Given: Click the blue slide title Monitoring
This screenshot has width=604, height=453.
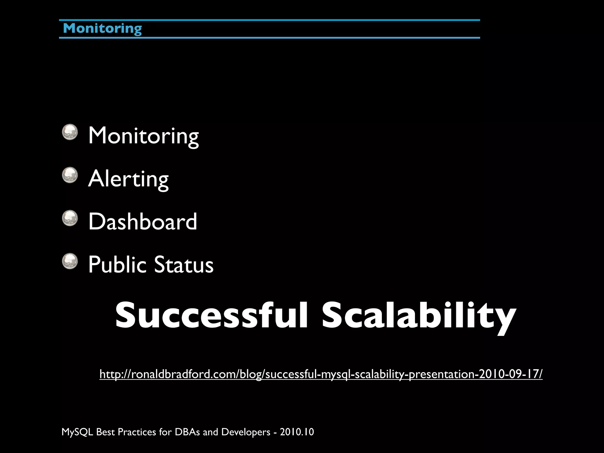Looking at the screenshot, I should pyautogui.click(x=102, y=29).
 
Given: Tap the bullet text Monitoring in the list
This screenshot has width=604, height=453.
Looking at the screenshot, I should pyautogui.click(x=143, y=136).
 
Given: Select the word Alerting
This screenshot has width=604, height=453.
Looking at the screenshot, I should pyautogui.click(x=128, y=179).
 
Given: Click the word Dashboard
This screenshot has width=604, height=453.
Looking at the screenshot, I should pyautogui.click(x=142, y=221).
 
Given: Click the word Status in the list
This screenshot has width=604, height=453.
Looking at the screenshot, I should pyautogui.click(x=183, y=264).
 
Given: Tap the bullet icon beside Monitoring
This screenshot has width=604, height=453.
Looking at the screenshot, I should pyautogui.click(x=70, y=132).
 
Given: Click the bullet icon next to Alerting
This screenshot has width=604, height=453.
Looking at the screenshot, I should pyautogui.click(x=70, y=175).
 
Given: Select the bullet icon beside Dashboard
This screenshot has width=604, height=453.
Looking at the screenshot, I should pyautogui.click(x=70, y=218).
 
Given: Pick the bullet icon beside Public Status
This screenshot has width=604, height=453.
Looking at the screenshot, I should pyautogui.click(x=70, y=261).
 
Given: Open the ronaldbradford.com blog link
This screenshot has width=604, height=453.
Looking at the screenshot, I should pyautogui.click(x=321, y=374).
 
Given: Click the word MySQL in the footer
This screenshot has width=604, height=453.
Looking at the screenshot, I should pyautogui.click(x=77, y=432).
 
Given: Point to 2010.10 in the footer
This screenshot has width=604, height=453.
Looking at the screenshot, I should pyautogui.click(x=297, y=432).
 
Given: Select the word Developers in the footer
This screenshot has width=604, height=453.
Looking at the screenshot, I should pyautogui.click(x=246, y=432).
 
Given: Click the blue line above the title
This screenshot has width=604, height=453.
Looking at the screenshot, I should pyautogui.click(x=269, y=20).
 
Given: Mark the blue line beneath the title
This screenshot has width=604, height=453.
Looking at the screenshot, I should pyautogui.click(x=269, y=38).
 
